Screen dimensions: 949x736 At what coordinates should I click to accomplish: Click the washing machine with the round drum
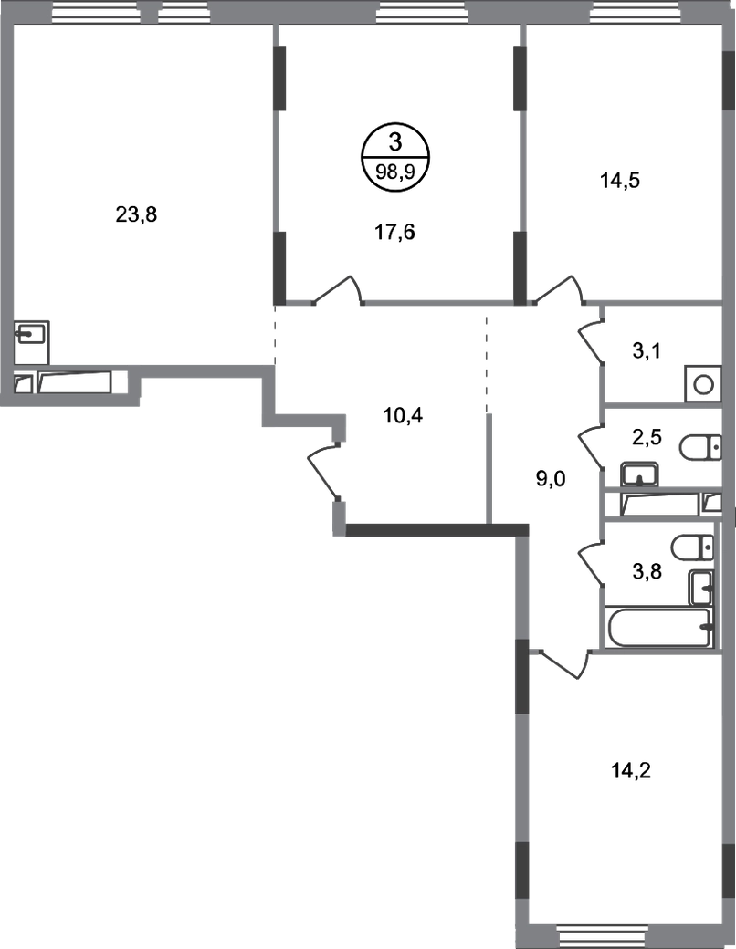704,383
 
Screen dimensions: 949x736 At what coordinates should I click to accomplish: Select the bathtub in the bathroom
657,626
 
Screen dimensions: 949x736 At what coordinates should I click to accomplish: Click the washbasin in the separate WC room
640,474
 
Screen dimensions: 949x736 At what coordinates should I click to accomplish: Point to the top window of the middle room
421,13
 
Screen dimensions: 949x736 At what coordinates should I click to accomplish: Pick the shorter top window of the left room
184,13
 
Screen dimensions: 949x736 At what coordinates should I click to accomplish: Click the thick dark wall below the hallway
438,529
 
